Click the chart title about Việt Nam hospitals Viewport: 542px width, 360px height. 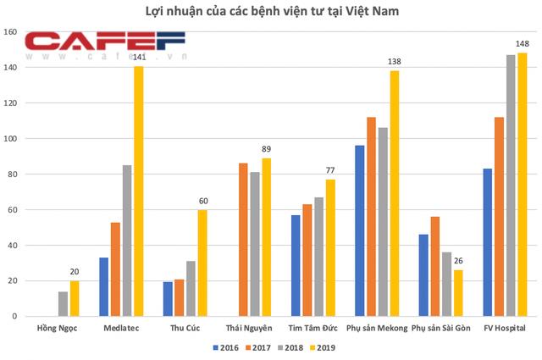270,12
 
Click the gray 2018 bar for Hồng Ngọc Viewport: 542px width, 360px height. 64,304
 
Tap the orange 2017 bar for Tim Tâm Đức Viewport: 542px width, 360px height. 307,260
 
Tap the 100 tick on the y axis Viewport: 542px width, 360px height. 14,139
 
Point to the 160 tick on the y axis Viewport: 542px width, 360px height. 14,32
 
